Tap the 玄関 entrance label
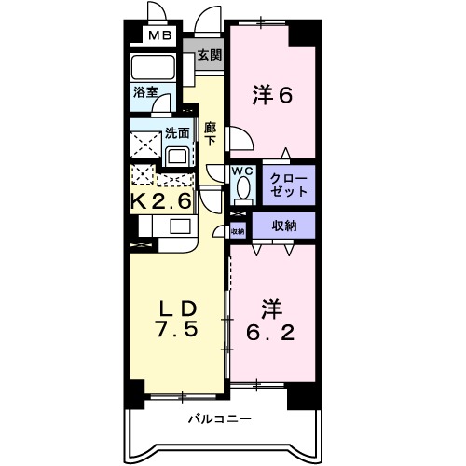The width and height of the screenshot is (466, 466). coord(209,55)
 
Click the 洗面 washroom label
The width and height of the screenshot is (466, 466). coord(176,132)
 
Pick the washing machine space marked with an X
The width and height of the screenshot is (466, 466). coord(144,144)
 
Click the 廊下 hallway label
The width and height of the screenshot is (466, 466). coord(211,134)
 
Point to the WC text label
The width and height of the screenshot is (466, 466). coord(241,171)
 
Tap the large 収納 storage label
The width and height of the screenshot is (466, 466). coord(284,225)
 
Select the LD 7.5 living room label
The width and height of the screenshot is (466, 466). coord(173,318)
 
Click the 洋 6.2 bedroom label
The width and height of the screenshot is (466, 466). coord(270,319)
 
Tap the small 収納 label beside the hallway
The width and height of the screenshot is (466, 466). coord(238,230)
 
